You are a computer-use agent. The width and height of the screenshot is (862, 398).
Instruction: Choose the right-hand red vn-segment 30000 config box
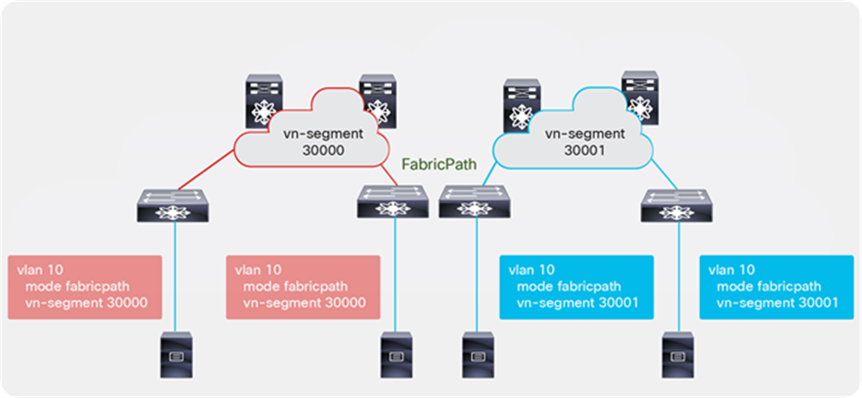coord(303,287)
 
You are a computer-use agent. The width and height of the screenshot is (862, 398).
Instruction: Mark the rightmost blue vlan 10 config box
coord(776,287)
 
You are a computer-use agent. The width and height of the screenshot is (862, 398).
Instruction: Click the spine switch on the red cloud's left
coord(264,101)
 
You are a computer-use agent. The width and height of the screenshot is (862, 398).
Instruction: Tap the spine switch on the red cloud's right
coord(374,101)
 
